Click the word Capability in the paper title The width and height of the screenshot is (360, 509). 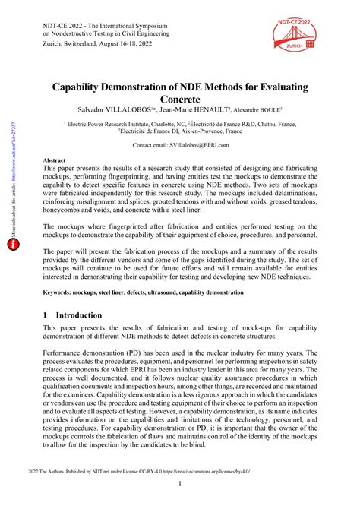tap(86, 88)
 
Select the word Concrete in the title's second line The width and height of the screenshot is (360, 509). tap(180, 100)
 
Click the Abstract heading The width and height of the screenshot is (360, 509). tap(54, 161)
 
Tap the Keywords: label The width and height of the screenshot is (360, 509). tap(62, 292)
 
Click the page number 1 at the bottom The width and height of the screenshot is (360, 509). tap(180, 484)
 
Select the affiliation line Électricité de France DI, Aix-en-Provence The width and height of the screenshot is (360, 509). tap(180, 131)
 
